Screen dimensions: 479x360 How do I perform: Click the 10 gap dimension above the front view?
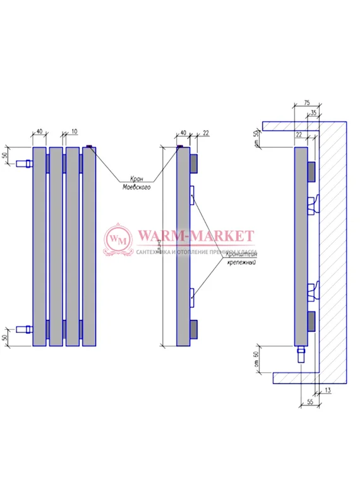[74, 131]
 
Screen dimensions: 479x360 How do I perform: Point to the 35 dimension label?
[313, 113]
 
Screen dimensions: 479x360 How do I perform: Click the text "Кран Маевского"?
[136, 183]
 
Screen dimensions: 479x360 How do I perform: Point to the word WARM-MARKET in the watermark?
[195, 236]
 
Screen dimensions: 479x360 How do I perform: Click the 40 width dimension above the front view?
[39, 131]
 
